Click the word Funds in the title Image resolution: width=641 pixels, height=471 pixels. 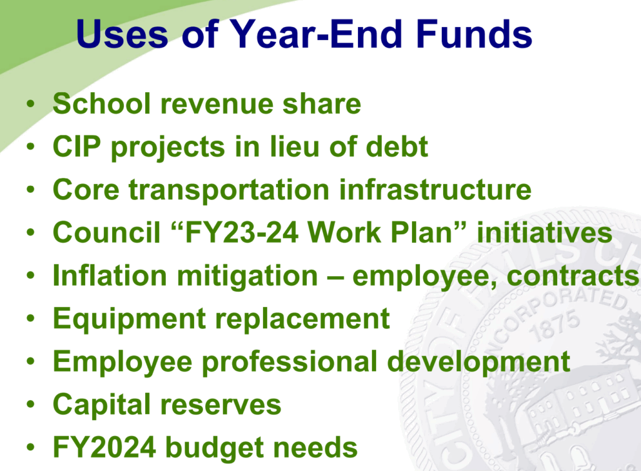tap(474, 34)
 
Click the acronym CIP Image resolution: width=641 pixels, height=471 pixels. tap(77, 147)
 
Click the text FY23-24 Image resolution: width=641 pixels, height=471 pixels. tap(242, 232)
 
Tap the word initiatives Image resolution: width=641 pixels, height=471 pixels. tap(545, 232)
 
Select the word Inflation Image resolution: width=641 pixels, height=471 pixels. tap(110, 276)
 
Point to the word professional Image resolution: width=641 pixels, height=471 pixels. tap(290, 362)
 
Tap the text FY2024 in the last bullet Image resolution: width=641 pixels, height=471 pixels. tap(105, 447)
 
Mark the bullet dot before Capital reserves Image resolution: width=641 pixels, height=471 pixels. tap(30, 405)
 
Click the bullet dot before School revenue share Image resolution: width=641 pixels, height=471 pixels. tap(30, 103)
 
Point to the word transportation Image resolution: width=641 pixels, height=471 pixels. tap(229, 190)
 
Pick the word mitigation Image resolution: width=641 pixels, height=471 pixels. tap(247, 277)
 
